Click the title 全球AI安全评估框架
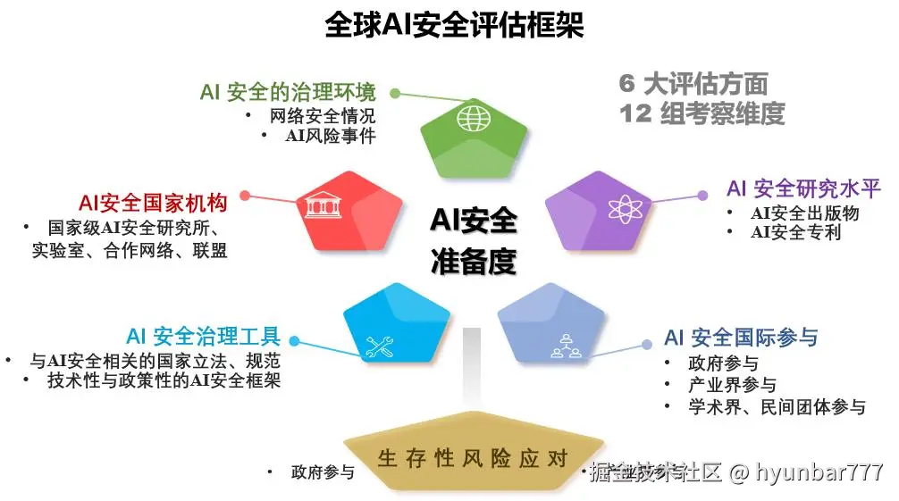[454, 25]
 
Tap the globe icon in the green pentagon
[473, 118]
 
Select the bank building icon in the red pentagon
[319, 205]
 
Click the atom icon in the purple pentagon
[625, 208]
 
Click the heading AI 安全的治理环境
[288, 93]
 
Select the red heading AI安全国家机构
[153, 202]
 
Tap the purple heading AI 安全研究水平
[803, 188]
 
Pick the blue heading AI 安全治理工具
[204, 337]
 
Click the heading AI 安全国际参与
[740, 338]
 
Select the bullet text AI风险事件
[330, 136]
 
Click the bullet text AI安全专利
[795, 232]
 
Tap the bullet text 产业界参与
[732, 386]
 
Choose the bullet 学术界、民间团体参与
[777, 407]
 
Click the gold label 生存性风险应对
[473, 459]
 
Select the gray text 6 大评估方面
[693, 84]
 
